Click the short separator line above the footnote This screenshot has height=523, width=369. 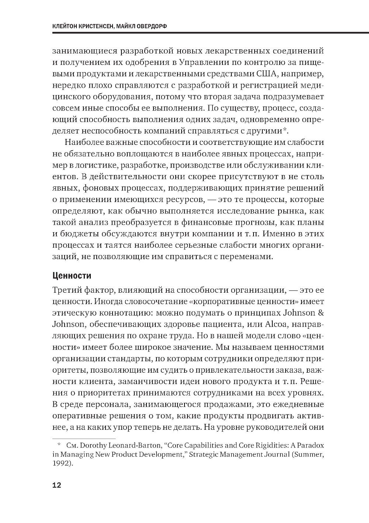pyautogui.click(x=84, y=439)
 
